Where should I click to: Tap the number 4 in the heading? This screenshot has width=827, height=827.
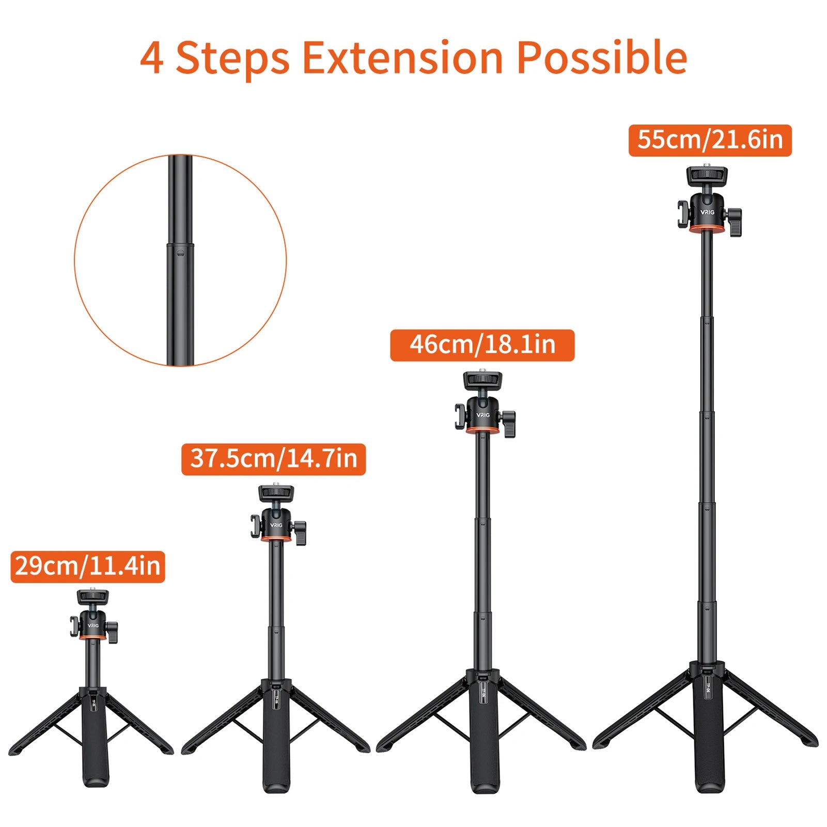[x=152, y=58]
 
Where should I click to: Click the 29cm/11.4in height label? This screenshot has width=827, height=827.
[x=88, y=567]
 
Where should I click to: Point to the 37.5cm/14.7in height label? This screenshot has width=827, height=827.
[x=273, y=459]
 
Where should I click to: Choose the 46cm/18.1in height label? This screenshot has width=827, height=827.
[x=482, y=345]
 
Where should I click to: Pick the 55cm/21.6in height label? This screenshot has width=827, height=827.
[x=710, y=141]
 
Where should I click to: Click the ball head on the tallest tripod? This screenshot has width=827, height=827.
[x=707, y=209]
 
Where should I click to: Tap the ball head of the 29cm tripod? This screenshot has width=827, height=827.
[x=93, y=623]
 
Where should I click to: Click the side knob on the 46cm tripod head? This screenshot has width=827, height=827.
[x=508, y=423]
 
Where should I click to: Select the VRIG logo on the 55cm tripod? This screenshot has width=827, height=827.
[x=707, y=212]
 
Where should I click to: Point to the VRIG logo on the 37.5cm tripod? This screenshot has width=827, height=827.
[x=276, y=525]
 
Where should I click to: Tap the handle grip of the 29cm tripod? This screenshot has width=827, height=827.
[x=96, y=744]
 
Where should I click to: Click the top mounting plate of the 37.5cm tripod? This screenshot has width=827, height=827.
[x=276, y=493]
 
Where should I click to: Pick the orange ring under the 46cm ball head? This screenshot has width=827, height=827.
[x=482, y=430]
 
